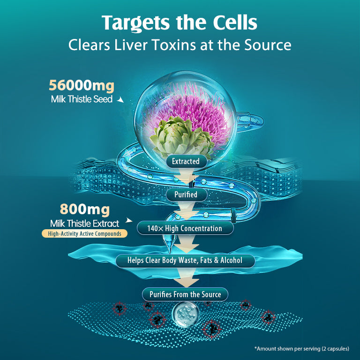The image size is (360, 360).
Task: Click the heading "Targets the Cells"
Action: point(180,23)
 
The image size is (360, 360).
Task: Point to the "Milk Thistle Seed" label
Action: point(82,99)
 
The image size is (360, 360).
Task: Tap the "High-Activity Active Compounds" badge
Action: point(84,233)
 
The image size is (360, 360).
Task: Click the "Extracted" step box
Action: point(186,161)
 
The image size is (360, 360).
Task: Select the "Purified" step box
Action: point(186,194)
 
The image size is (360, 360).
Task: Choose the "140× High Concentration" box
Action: point(185,228)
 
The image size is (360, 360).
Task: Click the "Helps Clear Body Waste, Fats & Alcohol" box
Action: point(185,260)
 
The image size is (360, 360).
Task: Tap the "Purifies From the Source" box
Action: point(185,294)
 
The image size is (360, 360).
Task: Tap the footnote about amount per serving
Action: point(301,349)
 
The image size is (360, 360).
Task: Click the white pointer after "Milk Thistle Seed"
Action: point(120,99)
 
